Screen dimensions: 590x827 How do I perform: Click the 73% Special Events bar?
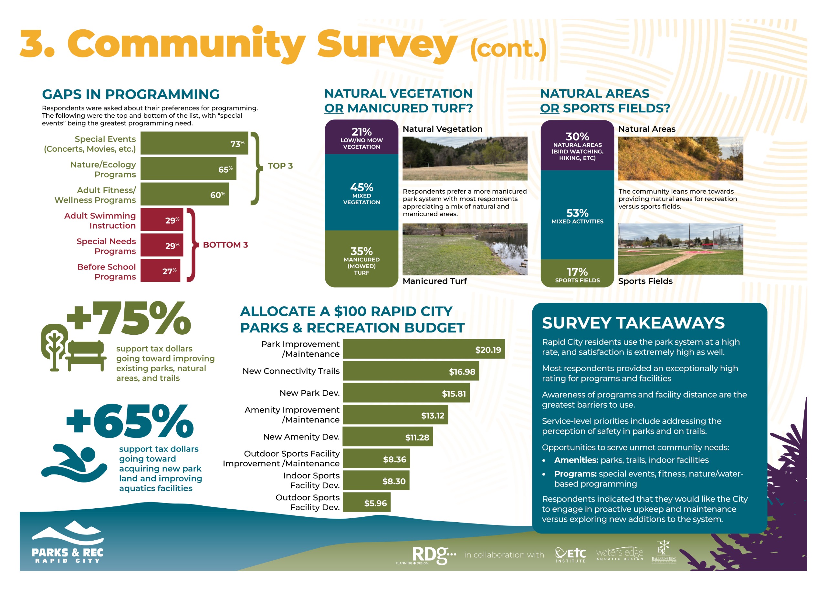coord(194,143)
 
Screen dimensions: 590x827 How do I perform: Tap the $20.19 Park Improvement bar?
coord(423,349)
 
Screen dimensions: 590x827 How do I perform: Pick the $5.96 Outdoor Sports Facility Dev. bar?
coord(366,502)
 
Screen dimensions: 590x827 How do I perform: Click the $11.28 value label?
coord(417,437)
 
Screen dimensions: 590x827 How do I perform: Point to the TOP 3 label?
coord(280,166)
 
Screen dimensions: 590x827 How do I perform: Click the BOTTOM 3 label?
coord(225,245)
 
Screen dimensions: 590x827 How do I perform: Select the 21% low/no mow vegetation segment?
coord(361,137)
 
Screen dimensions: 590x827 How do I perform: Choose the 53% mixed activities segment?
coord(577,215)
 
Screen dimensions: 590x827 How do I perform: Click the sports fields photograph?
coord(680,249)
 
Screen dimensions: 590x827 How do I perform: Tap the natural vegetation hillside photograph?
coord(465,158)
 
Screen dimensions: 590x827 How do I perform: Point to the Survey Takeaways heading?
coord(633,323)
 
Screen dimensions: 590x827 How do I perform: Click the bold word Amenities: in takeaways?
coord(576,460)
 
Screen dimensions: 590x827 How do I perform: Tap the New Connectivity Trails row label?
coord(291,371)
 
